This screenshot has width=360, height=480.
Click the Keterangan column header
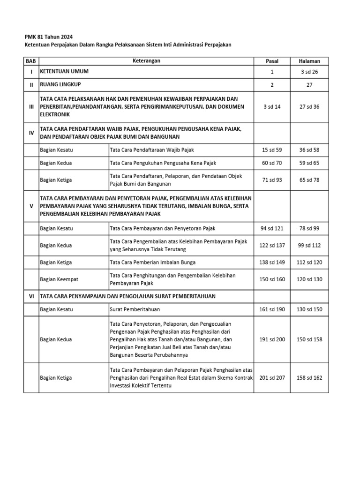pos(146,61)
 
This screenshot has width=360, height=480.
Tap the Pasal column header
pos(272,61)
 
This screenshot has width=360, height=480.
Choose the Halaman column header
pos(310,61)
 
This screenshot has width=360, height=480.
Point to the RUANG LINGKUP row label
pos(61,85)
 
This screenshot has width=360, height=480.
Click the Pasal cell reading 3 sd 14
pos(272,107)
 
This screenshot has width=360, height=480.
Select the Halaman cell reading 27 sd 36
pos(310,107)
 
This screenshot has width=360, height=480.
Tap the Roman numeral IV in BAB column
pos(31,133)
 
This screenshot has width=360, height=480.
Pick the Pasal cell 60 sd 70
pos(272,163)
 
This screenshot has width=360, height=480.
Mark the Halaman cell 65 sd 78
pos(310,180)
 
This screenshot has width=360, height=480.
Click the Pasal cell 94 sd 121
pos(272,228)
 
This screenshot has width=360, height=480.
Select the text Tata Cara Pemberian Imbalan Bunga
pos(152,262)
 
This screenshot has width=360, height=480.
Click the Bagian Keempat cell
pos(59,279)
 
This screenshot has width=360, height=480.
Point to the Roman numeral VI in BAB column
pos(31,296)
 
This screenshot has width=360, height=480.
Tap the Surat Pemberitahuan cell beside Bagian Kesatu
pos(128,310)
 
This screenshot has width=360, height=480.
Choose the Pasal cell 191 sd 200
pos(272,339)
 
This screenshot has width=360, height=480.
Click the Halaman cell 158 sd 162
pos(310,378)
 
